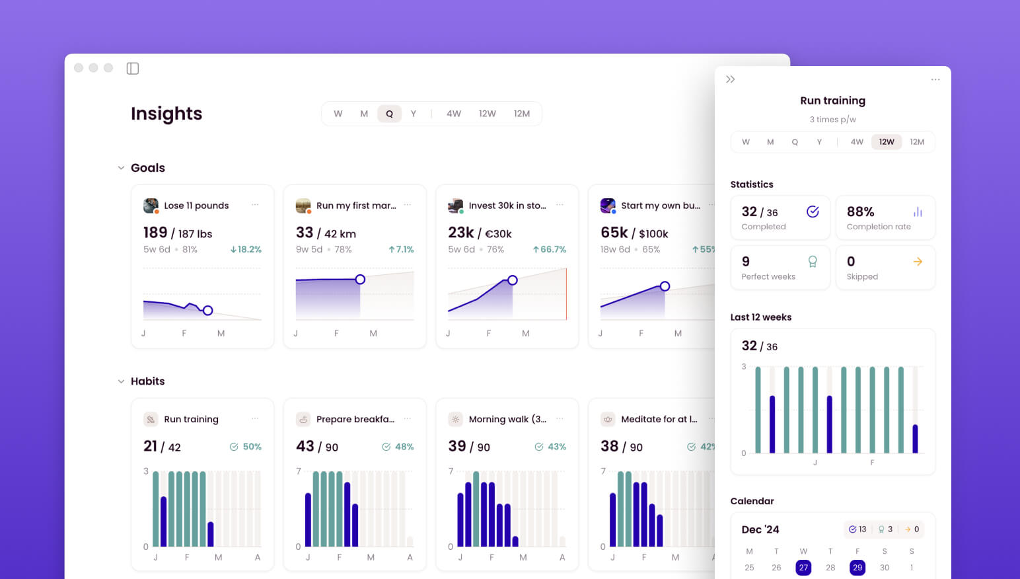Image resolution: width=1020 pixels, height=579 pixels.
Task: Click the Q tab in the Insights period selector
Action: pyautogui.click(x=389, y=114)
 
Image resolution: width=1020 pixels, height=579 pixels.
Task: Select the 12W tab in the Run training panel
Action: pyautogui.click(x=886, y=141)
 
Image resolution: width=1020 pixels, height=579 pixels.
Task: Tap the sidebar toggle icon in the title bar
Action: pyautogui.click(x=133, y=68)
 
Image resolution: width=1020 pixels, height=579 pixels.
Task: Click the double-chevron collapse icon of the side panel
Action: pyautogui.click(x=731, y=79)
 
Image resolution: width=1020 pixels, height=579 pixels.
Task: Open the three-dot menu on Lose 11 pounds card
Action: pyautogui.click(x=255, y=205)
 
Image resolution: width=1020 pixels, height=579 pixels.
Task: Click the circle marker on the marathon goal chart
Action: pyautogui.click(x=360, y=279)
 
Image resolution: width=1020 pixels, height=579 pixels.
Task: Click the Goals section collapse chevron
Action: pyautogui.click(x=121, y=168)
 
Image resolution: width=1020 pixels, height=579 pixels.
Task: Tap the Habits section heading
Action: pyautogui.click(x=147, y=381)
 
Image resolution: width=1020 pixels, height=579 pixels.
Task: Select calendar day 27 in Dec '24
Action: pyautogui.click(x=803, y=567)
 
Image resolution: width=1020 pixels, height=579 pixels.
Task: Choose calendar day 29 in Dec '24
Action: pyautogui.click(x=857, y=567)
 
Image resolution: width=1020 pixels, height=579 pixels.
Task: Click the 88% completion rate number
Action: pyautogui.click(x=860, y=212)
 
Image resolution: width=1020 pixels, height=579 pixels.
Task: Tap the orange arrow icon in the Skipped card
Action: pyautogui.click(x=918, y=262)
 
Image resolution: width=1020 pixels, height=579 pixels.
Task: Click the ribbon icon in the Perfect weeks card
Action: pyautogui.click(x=813, y=262)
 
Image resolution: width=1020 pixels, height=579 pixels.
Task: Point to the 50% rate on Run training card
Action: pyautogui.click(x=252, y=446)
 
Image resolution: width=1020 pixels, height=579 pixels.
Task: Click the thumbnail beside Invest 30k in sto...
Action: pyautogui.click(x=455, y=206)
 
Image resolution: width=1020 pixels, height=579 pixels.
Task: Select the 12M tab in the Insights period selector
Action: pyautogui.click(x=522, y=114)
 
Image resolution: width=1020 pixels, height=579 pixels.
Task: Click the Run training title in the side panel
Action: pyautogui.click(x=832, y=100)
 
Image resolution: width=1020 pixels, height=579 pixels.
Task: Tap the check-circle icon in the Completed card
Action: pyautogui.click(x=813, y=212)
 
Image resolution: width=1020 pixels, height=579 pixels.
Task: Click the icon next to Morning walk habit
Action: pyautogui.click(x=455, y=419)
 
